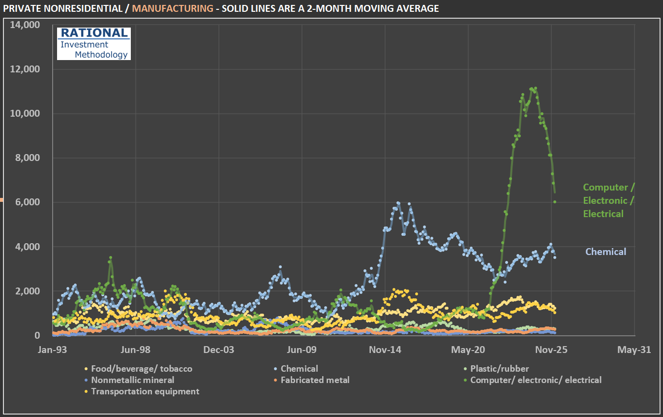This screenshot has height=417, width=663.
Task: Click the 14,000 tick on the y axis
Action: pos(25,25)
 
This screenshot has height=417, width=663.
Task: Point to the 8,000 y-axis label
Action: pos(28,158)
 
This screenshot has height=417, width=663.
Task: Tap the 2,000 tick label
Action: pos(28,291)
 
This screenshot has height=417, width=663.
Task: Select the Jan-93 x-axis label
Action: pos(53,350)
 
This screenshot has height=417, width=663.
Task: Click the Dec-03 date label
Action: pos(218,350)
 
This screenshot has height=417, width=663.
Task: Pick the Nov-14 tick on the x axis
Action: pos(385,350)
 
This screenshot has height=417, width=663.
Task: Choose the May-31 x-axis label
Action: pos(634,350)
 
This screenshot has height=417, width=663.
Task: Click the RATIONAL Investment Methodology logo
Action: pos(93,44)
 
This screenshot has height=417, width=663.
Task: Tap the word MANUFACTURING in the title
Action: pos(173,8)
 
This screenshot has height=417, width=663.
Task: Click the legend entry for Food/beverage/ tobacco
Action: pos(142,369)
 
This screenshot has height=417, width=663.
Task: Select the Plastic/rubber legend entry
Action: pos(499,369)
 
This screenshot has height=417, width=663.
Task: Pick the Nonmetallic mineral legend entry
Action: pos(132,380)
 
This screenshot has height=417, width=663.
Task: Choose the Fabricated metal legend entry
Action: pos(315,380)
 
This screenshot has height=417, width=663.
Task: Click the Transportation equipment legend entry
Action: pos(145,391)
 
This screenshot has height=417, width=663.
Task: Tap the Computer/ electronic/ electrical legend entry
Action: pos(536,380)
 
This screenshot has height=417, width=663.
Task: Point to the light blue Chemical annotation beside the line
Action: pos(605,252)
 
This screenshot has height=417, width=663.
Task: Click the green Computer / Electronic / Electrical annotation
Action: pos(608,200)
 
